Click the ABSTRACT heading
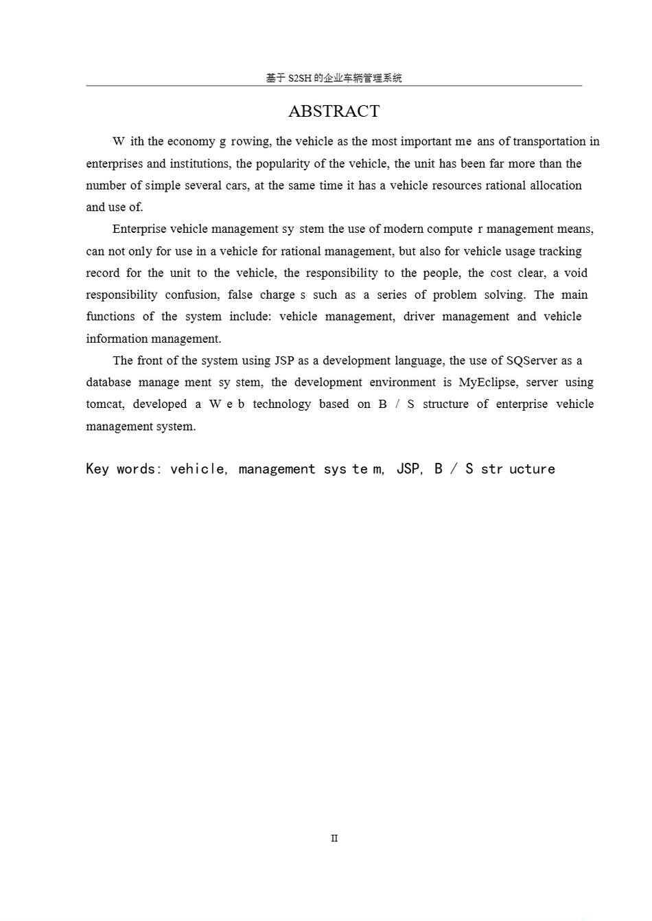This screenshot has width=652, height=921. pyautogui.click(x=334, y=111)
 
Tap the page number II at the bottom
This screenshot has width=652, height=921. pyautogui.click(x=334, y=838)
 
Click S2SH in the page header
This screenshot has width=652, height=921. pyautogui.click(x=299, y=78)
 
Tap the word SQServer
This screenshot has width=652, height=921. pyautogui.click(x=532, y=361)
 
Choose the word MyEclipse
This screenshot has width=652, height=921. pyautogui.click(x=487, y=383)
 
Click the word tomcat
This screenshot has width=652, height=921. pyautogui.click(x=105, y=405)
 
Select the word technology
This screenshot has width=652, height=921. pyautogui.click(x=281, y=405)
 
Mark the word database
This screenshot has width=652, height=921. pyautogui.click(x=108, y=383)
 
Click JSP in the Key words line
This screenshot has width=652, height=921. pyautogui.click(x=409, y=469)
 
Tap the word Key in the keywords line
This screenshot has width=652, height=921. pyautogui.click(x=97, y=469)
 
